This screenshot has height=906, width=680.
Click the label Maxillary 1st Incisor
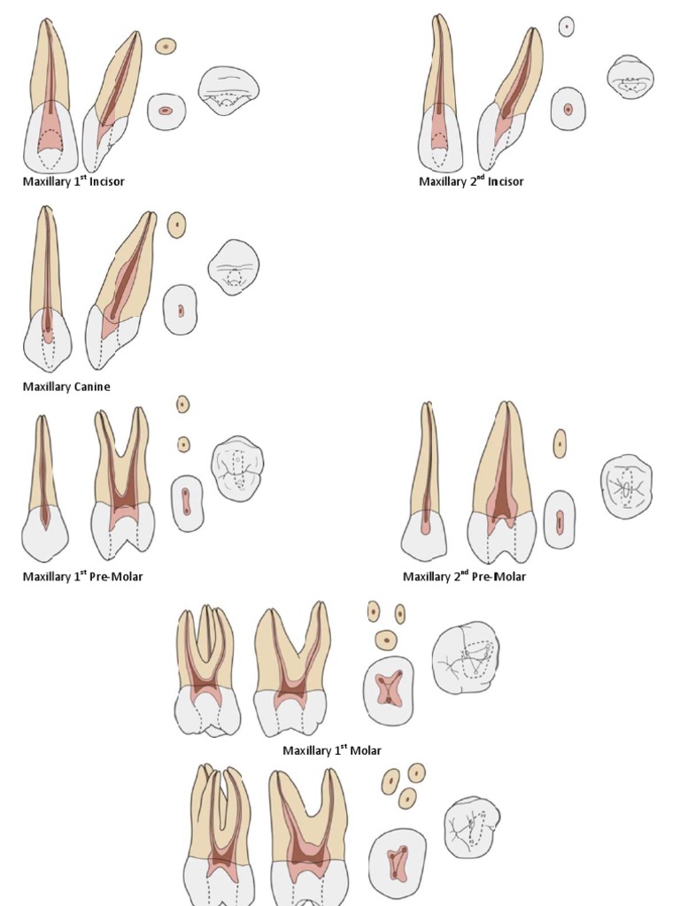pos(73,181)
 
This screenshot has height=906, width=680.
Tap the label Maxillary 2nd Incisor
pos(471,181)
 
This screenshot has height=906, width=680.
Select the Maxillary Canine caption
pos(66,387)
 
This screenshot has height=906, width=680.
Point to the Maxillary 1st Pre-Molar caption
pos(82,577)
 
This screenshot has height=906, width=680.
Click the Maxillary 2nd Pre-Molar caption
pos(464,577)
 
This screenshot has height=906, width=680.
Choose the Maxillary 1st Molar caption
pos(332,750)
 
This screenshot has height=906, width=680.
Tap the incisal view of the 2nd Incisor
pos(630,76)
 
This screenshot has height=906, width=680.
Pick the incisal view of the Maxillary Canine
pos(234,266)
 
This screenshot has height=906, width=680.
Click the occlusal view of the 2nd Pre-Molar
pos(627,487)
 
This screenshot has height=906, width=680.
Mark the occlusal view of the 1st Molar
pos(466,656)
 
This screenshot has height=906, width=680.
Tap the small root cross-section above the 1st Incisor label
pos(166,46)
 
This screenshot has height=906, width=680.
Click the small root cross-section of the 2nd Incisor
pos(567,27)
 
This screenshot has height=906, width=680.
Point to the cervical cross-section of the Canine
pos(180,311)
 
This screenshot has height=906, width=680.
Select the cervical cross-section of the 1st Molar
pos(389,690)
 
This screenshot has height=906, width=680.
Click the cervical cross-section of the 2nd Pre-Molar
pos(560,520)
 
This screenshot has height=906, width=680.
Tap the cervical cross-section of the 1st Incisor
pos(166,111)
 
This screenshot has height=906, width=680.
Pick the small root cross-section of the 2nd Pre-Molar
pos(560,443)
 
